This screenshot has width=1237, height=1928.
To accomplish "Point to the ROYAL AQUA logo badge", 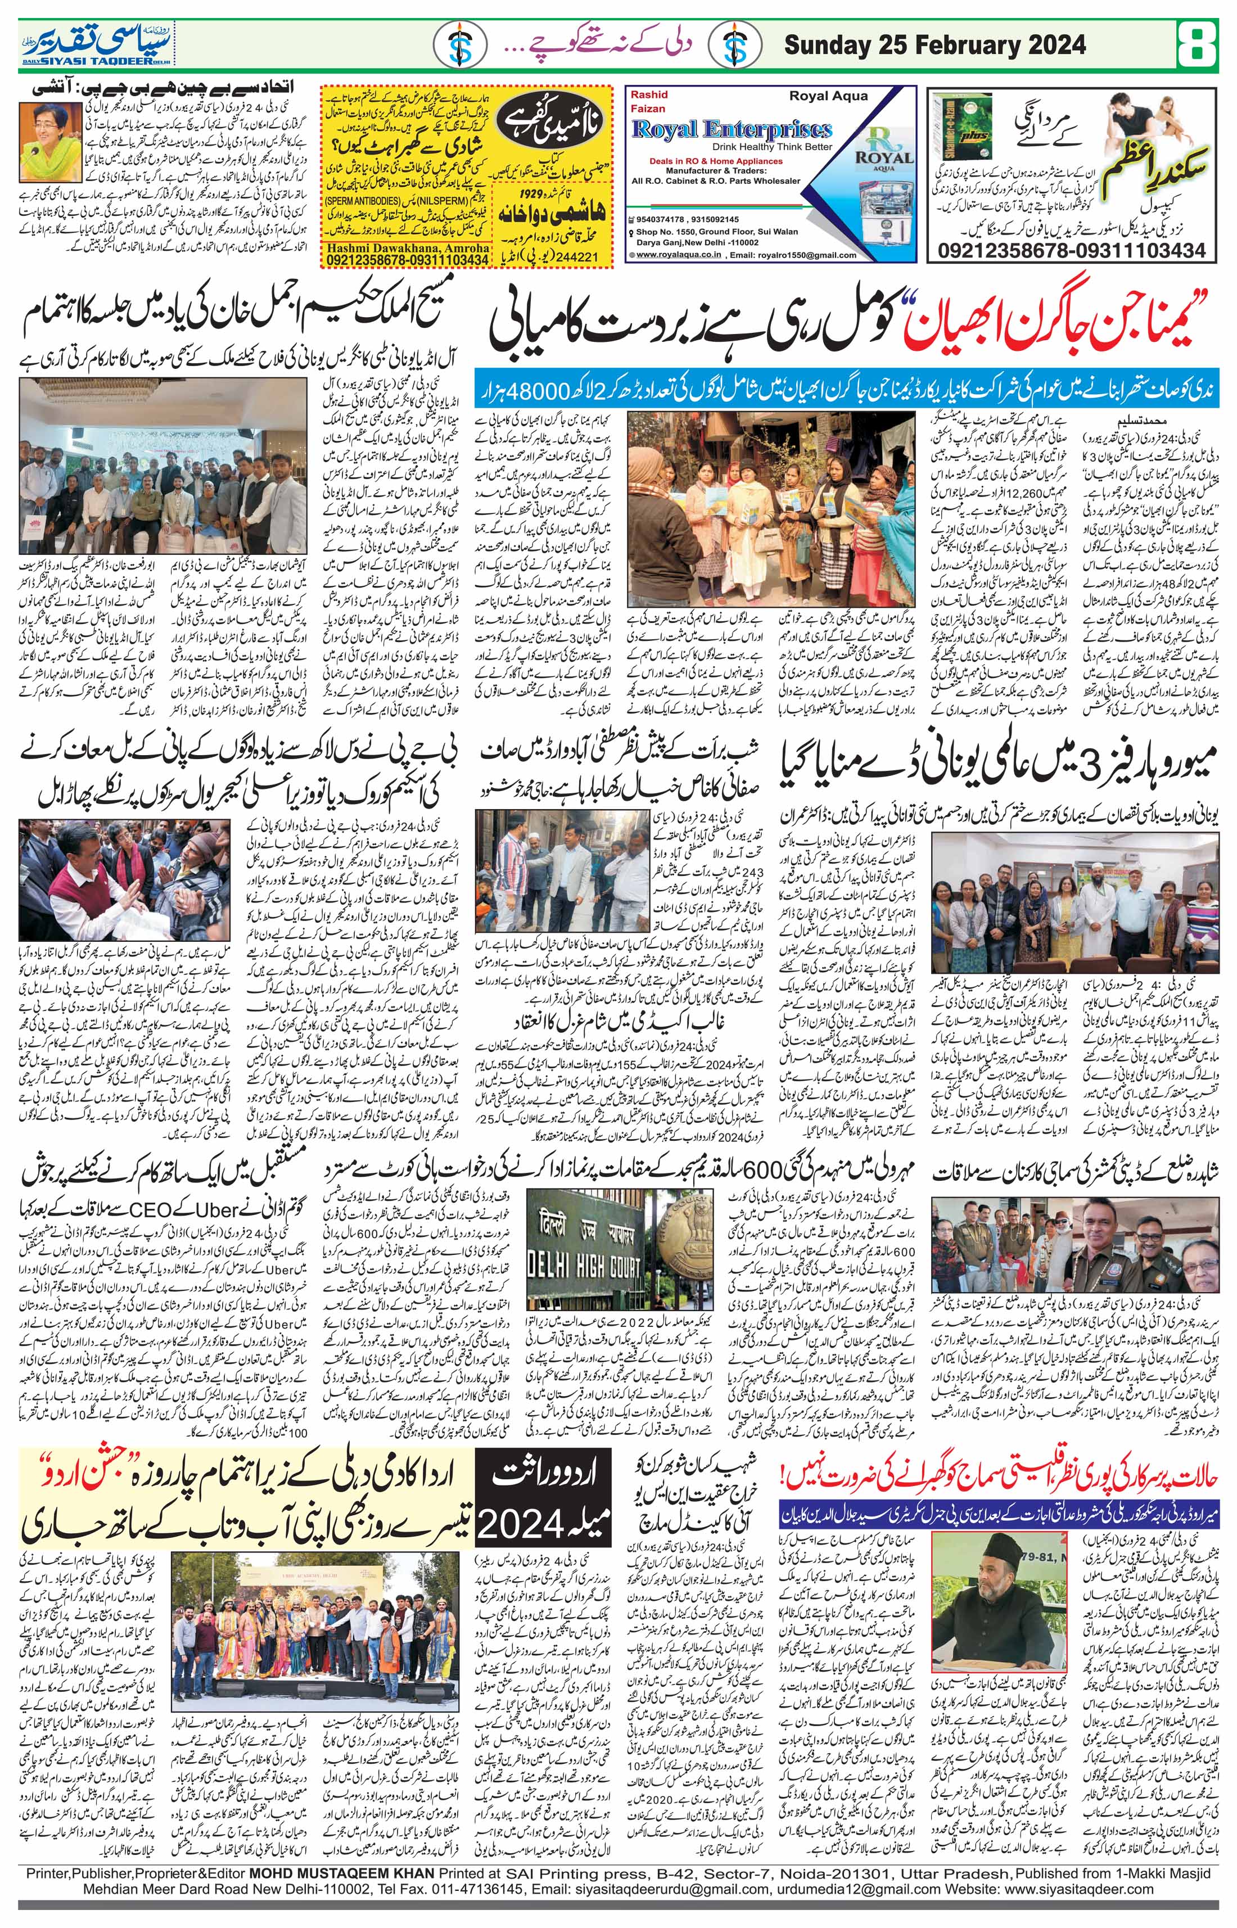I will point(883,152).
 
